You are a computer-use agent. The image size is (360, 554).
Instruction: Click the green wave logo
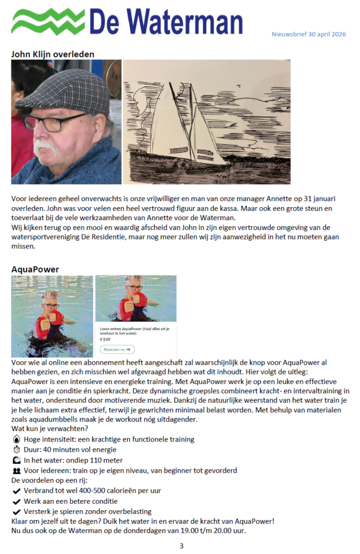point(48,21)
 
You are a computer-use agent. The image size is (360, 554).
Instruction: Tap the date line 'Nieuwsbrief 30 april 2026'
point(309,35)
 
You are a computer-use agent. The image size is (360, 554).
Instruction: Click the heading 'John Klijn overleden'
point(53,54)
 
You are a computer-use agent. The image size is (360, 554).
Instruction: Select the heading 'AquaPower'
point(35,269)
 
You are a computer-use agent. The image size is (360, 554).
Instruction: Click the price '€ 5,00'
point(105,339)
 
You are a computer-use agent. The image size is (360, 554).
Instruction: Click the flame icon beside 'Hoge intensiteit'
point(16,439)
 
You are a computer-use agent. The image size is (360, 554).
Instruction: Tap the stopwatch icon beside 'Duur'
point(16,450)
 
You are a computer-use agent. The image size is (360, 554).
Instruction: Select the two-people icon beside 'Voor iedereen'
point(16,471)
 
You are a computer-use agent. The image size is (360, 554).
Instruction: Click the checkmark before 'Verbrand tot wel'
point(16,491)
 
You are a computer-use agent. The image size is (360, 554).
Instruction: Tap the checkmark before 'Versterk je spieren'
point(16,511)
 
